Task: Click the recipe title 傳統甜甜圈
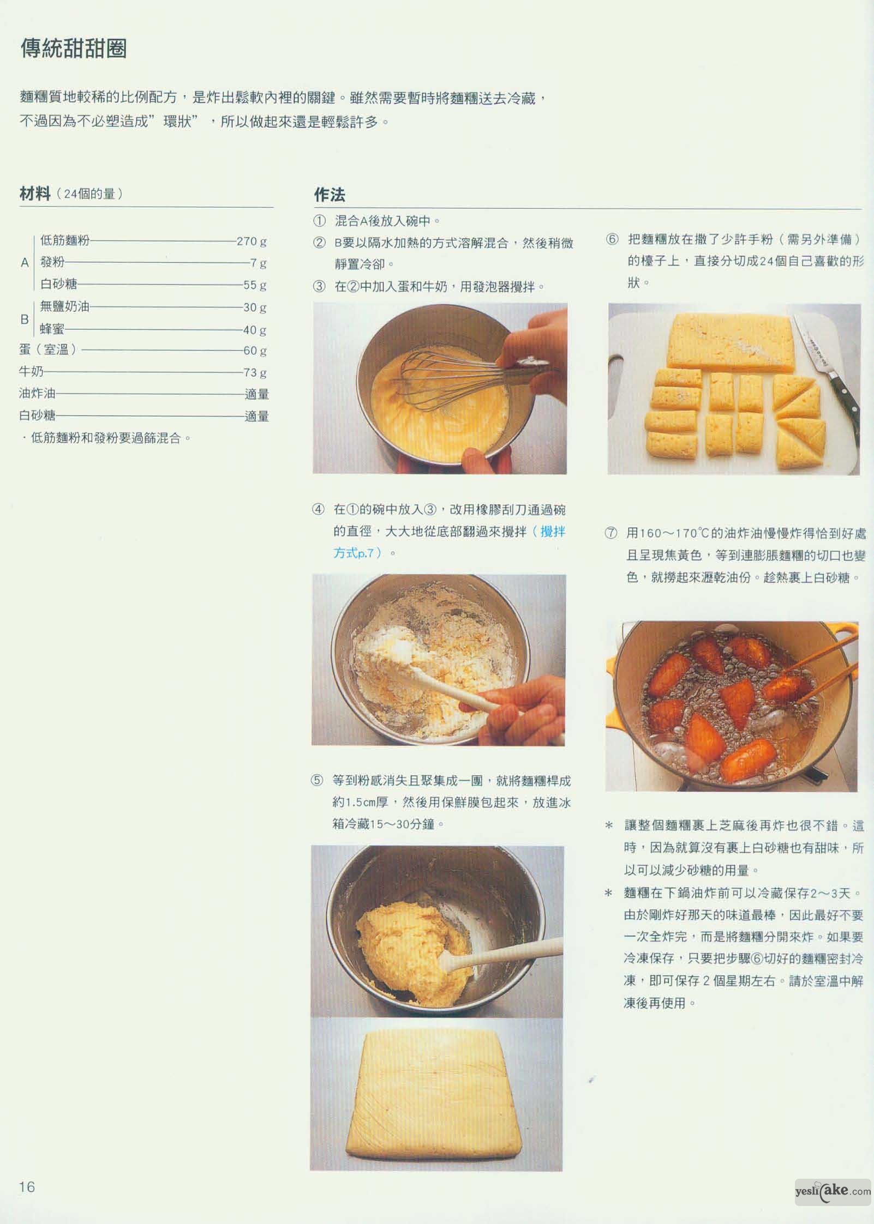point(74,49)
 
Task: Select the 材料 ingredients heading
point(35,194)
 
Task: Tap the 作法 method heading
point(330,195)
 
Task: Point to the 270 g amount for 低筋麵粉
point(252,241)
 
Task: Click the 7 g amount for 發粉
point(259,263)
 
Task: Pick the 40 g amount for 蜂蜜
point(255,330)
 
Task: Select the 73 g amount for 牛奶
point(255,373)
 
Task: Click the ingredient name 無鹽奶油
point(65,306)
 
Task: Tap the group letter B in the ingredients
point(25,319)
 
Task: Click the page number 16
point(27,1186)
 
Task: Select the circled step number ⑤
point(317,781)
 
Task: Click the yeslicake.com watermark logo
point(833,1190)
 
